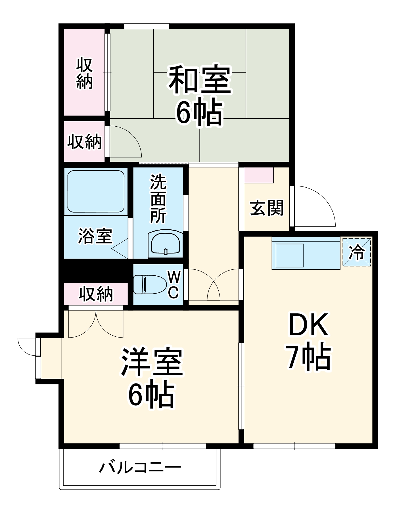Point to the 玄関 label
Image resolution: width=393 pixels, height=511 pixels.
[267, 208]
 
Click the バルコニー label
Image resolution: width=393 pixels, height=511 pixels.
[140, 467]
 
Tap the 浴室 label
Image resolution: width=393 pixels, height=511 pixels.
[95, 236]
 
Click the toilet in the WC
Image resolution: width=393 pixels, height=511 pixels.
[150, 284]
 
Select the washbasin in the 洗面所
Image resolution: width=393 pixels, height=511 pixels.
[165, 244]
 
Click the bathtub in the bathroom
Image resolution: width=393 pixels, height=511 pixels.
[96, 191]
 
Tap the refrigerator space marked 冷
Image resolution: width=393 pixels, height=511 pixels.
[357, 252]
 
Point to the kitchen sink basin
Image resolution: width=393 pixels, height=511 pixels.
[290, 255]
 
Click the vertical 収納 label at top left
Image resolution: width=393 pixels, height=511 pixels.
[84, 73]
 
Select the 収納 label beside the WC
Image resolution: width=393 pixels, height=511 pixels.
[96, 294]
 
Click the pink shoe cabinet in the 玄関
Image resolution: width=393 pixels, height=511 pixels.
[258, 175]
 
